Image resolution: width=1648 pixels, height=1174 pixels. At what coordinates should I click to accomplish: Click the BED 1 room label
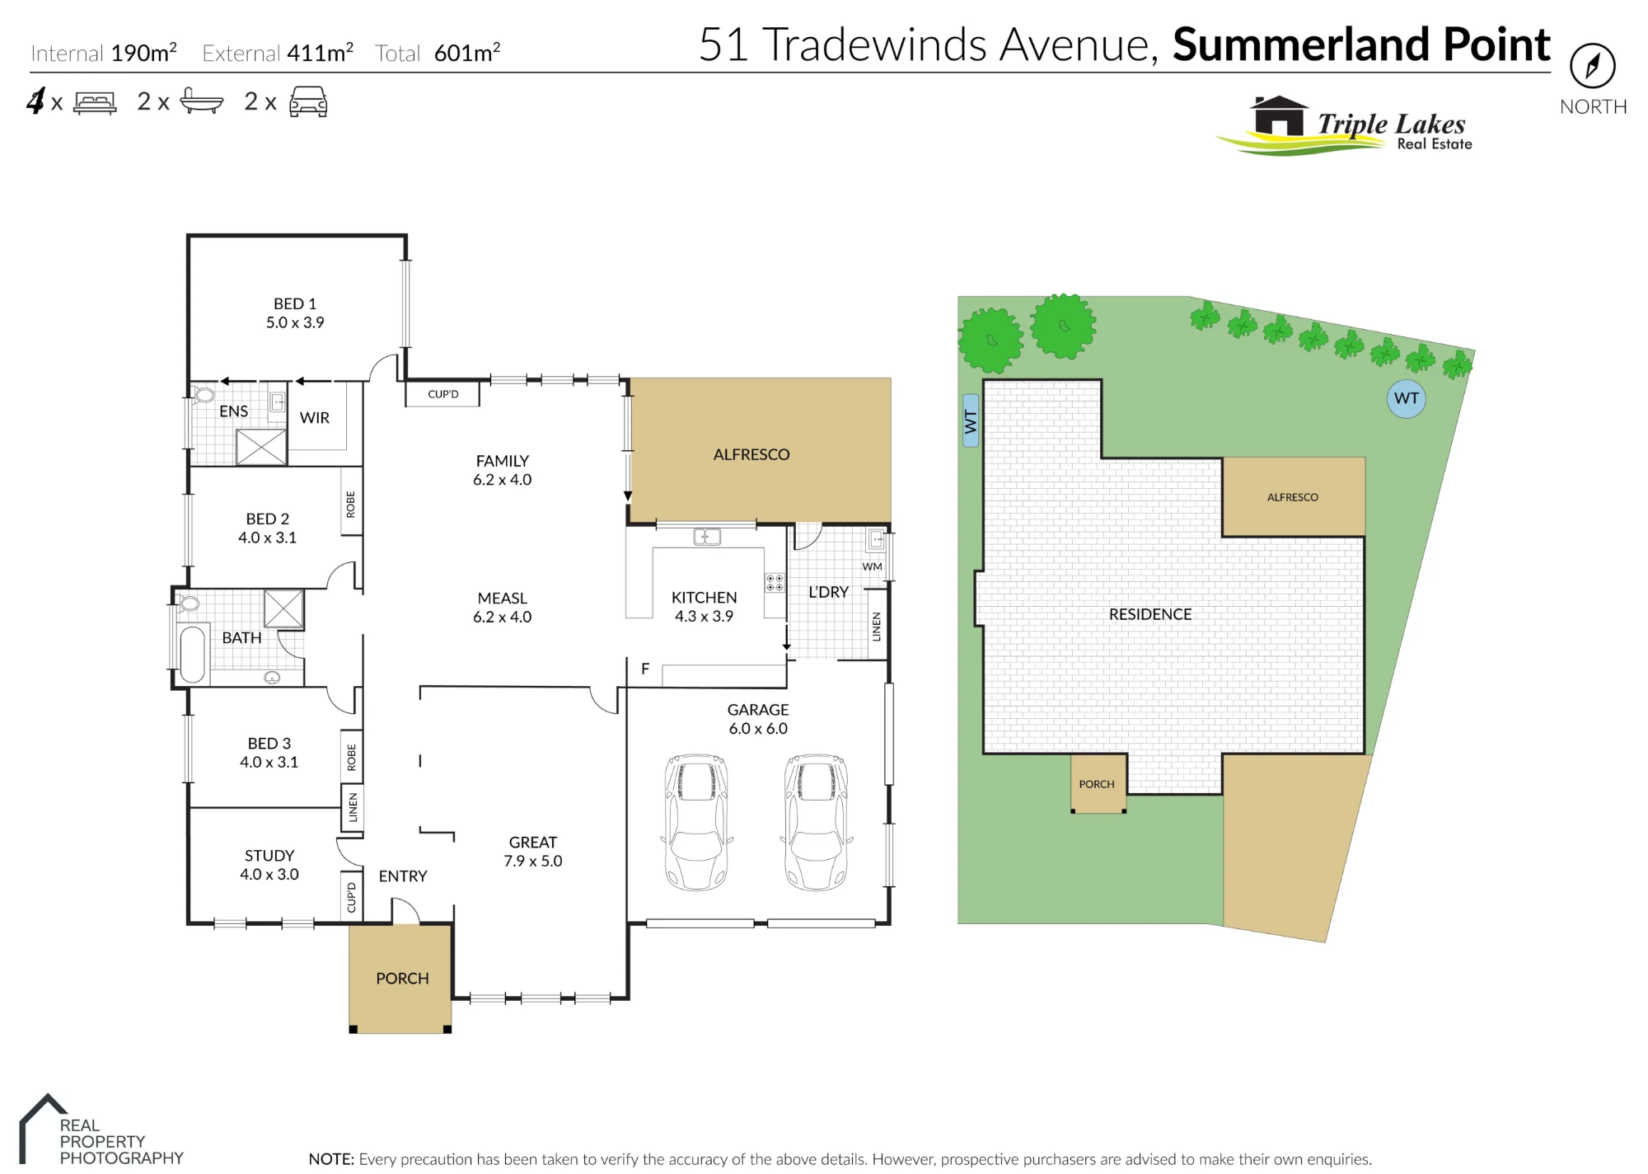point(295,313)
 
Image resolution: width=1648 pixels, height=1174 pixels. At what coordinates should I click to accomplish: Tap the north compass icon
point(1592,66)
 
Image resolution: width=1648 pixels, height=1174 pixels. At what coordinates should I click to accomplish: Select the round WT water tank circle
point(1406,399)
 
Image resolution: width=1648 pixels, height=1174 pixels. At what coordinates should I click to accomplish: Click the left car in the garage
point(696,822)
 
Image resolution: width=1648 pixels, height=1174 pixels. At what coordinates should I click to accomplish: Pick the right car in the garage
point(817,822)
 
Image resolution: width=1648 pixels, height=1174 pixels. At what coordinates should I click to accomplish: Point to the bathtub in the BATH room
point(192,655)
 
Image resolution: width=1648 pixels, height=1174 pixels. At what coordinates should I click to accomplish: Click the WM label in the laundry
point(872,566)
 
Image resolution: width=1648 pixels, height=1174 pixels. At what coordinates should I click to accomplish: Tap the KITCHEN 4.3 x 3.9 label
point(704,607)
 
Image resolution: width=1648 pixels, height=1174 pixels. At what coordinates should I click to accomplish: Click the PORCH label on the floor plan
point(402,979)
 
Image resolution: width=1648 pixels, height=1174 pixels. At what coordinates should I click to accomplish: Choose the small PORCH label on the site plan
point(1097,784)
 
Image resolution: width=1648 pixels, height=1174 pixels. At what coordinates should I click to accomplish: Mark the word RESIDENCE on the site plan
point(1150,614)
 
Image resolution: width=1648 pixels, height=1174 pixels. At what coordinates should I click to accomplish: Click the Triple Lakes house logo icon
point(1278,116)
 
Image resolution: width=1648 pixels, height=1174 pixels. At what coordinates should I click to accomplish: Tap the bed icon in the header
point(95,103)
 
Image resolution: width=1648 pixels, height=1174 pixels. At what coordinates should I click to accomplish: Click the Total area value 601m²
point(467,53)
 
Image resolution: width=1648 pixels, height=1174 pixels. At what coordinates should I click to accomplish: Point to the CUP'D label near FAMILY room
point(443,394)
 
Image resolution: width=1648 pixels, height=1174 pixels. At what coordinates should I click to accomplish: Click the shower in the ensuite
point(261,448)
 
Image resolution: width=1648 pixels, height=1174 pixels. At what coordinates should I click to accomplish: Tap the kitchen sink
point(707,537)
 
